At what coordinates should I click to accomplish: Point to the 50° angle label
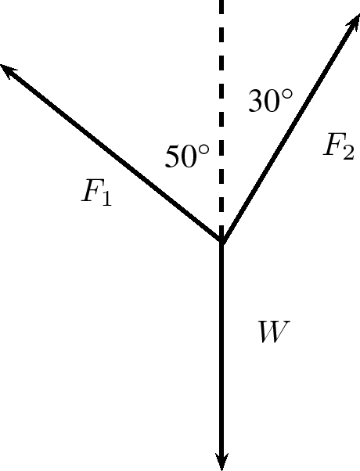click(x=187, y=156)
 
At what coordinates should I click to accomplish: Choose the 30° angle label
click(x=270, y=101)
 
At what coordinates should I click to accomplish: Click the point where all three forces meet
click(x=221, y=240)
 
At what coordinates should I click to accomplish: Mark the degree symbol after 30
click(x=287, y=95)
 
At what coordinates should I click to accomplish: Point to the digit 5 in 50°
click(x=172, y=156)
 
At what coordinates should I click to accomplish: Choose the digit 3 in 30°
click(x=256, y=101)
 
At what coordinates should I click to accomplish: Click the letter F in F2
click(x=333, y=144)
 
